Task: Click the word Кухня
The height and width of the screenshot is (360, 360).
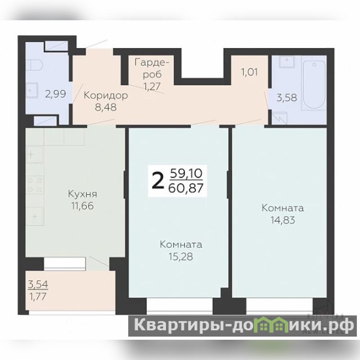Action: tap(82, 194)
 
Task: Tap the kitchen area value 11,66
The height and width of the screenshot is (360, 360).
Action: tap(82, 206)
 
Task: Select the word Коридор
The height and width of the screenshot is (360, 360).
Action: tap(106, 95)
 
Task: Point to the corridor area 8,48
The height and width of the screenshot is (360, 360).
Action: tap(106, 107)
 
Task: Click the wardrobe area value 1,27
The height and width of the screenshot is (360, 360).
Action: tap(152, 86)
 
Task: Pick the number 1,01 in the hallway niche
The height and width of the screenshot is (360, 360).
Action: tap(249, 72)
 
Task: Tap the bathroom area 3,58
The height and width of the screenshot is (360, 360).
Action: tap(287, 98)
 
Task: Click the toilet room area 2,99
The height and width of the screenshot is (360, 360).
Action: tap(55, 94)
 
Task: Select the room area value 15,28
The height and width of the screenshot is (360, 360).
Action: tap(181, 256)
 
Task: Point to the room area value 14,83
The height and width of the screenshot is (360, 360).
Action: tap(283, 220)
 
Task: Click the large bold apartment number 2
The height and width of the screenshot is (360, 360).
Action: tap(158, 181)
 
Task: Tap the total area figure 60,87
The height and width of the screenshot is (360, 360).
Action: tap(186, 188)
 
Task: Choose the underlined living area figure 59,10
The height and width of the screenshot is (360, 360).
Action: tap(186, 174)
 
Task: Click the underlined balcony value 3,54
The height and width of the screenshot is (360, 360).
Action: tap(38, 285)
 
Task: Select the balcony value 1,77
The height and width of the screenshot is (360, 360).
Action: tap(38, 297)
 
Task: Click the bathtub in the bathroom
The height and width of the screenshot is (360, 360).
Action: tap(314, 85)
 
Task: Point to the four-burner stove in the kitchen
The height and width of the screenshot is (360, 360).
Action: tap(35, 185)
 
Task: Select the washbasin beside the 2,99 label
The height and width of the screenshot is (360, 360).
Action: tap(31, 90)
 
